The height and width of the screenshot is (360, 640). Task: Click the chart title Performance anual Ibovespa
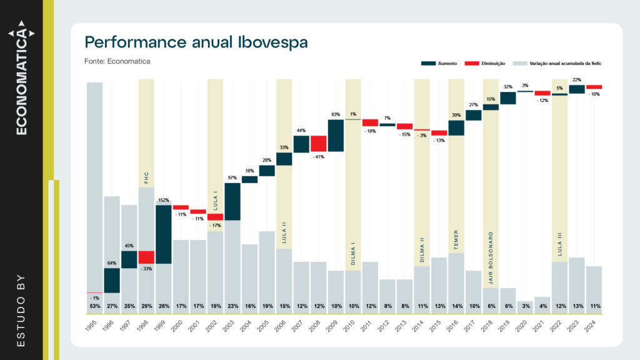pos(196,42)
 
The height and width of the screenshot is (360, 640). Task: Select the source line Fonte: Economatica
pos(117,61)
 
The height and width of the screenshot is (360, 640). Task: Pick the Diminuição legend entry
pos(486,64)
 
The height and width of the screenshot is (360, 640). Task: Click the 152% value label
pos(163,200)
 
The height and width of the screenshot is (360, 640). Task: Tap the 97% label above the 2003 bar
pos(232,178)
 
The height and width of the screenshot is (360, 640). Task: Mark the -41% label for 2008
pos(319,156)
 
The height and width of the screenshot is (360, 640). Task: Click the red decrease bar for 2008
pos(319,143)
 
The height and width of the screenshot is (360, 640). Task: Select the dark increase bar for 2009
pos(336,135)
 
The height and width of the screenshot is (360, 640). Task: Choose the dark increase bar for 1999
pos(164,234)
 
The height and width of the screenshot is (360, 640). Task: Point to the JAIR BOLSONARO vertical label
pos(491,259)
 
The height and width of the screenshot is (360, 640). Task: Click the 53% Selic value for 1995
pos(95,306)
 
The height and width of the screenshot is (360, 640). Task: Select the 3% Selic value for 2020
pos(525,306)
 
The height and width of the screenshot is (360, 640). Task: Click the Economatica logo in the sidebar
pos(21,77)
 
